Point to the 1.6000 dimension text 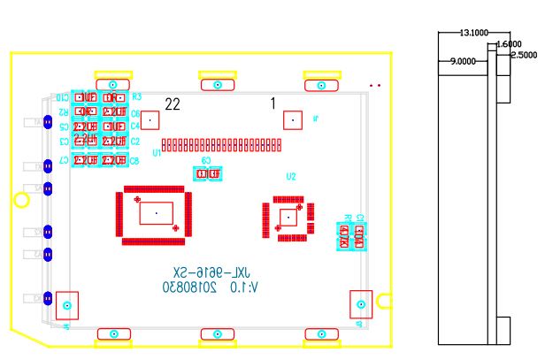pyautogui.click(x=508, y=44)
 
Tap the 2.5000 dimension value pyautogui.click(x=523, y=55)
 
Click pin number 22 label pyautogui.click(x=173, y=104)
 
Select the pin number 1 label pyautogui.click(x=273, y=103)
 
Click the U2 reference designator pyautogui.click(x=291, y=176)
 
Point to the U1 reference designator pyautogui.click(x=157, y=153)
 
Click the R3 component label pyautogui.click(x=136, y=97)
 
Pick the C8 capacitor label pyautogui.click(x=135, y=161)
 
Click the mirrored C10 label pyautogui.click(x=63, y=97)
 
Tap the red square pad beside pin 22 pyautogui.click(x=150, y=119)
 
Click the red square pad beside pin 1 pyautogui.click(x=292, y=119)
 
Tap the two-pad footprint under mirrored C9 pyautogui.click(x=206, y=174)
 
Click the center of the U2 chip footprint pyautogui.click(x=287, y=217)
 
